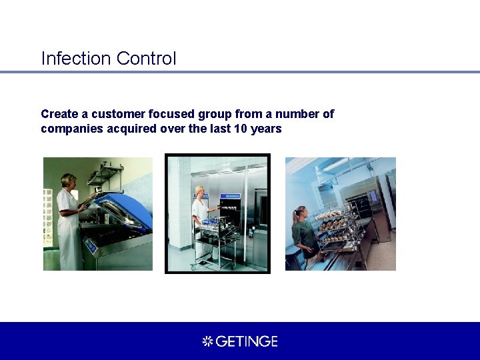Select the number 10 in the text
point(241,129)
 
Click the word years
point(267,129)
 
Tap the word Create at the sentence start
point(59,114)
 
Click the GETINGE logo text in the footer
point(247,341)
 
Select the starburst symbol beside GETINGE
point(207,341)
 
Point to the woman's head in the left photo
point(68,181)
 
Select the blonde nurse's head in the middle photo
point(199,191)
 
